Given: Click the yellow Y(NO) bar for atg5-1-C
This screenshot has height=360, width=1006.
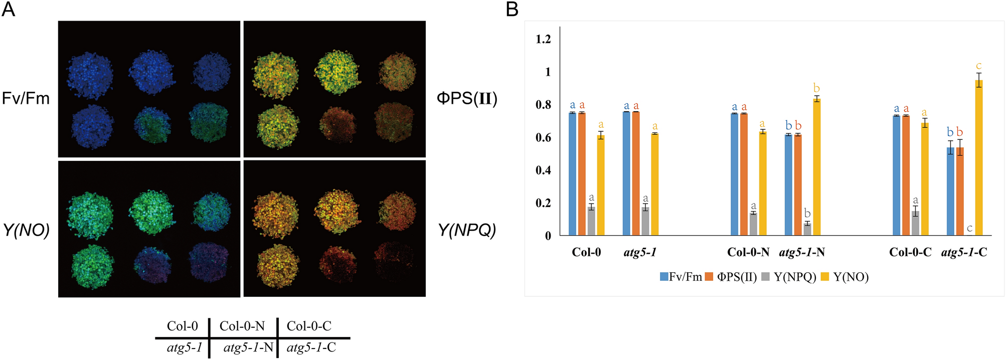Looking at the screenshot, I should coord(978,158).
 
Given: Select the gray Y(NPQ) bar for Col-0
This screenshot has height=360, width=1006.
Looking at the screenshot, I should coord(591,221).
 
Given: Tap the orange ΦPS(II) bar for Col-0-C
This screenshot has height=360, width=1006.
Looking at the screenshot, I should coord(906,175).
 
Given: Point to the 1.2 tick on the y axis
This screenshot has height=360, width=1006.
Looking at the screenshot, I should coord(543,39).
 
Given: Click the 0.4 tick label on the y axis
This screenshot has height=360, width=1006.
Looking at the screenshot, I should coord(543,170).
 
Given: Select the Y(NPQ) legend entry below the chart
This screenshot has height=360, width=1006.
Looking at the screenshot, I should coord(789,277).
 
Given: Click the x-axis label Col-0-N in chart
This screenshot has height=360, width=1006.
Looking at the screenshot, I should coord(748,252).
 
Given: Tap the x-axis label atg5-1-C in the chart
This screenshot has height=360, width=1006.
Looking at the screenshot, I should coord(964,252).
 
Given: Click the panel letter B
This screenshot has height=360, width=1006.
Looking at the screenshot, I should coord(512,9).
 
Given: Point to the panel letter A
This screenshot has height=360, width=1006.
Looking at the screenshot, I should coord(9,9).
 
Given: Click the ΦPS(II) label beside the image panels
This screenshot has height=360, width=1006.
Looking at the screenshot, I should coord(467,98).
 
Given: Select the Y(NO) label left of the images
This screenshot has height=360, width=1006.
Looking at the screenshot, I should coord(26,230).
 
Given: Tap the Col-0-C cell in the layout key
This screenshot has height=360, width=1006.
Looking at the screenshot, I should coord(309,326).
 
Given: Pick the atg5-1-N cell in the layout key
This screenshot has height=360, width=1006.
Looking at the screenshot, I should coord(248,347).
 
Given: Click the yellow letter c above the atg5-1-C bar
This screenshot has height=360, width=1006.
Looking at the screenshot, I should coord(978,66).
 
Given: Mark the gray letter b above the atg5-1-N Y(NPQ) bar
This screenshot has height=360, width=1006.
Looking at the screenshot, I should coord(807,213).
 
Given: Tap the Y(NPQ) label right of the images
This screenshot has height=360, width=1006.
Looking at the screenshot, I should coord(467,230).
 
